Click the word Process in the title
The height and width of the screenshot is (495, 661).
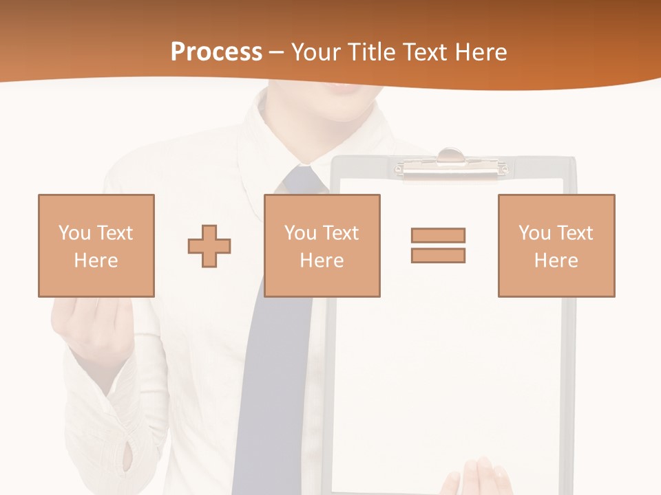pos(216,52)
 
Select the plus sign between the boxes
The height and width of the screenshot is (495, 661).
pos(209,245)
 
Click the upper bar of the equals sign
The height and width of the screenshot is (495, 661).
pos(438,235)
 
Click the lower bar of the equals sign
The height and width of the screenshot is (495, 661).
pos(438,255)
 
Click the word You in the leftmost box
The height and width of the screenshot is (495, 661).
pos(74,233)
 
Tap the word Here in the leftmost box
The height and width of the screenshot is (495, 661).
pos(96,261)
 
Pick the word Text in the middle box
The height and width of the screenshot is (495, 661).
pos(341,233)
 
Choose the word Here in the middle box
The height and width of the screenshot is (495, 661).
pos(322,261)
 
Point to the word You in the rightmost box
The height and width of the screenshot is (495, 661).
pos(535,233)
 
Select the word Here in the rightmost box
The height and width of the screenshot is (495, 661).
pos(556,261)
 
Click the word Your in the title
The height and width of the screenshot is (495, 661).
pos(317,52)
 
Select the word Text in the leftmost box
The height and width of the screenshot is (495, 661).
pos(115,233)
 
